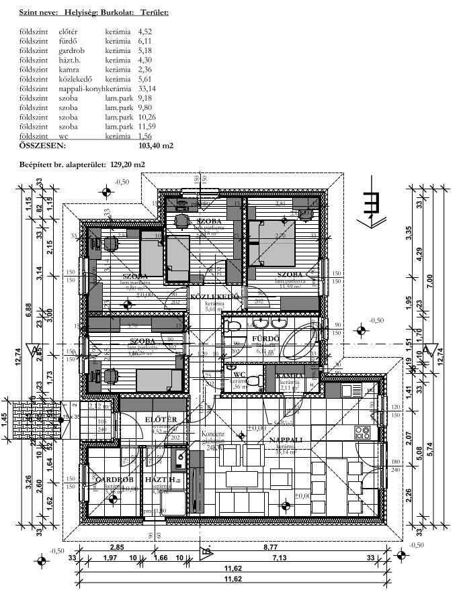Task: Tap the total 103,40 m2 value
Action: pos(155,144)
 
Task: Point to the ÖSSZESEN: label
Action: pos(42,144)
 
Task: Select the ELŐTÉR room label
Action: pos(161,419)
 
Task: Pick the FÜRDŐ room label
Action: pos(265,339)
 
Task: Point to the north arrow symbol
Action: pos(371,204)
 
